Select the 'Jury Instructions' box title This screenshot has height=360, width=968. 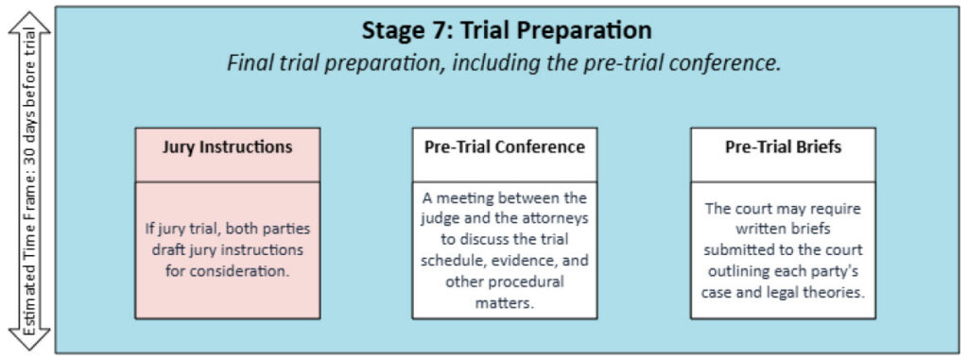[x=228, y=147]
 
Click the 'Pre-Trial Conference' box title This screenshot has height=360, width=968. [x=505, y=147]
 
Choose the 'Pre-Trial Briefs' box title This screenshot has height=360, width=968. [x=783, y=147]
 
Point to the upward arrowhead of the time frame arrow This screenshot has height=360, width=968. [x=29, y=23]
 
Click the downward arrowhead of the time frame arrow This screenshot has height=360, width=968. [x=29, y=338]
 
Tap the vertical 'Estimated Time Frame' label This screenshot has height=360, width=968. [x=29, y=180]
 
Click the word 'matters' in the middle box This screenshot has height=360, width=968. [x=505, y=302]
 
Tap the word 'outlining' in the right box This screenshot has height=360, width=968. [x=736, y=271]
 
